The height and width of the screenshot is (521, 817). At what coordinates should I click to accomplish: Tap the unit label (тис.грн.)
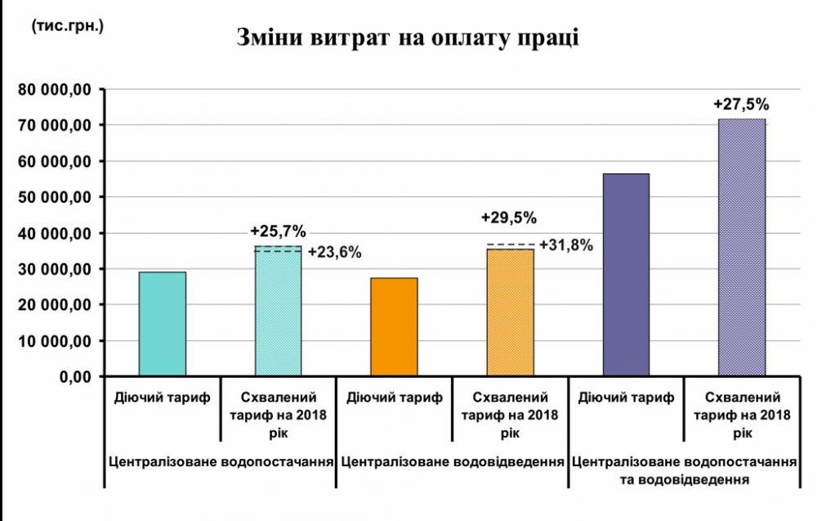point(68,25)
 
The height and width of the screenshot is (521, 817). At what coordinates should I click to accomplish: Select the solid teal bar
point(163,324)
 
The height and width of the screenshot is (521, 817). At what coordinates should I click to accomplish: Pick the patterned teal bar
point(278,312)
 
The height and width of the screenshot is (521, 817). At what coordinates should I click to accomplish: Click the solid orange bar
point(394,327)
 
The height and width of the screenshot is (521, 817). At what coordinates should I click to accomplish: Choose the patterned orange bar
point(510,313)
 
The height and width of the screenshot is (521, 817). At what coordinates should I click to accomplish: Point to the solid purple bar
point(626,275)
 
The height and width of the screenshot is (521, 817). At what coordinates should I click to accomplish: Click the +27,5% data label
point(741,105)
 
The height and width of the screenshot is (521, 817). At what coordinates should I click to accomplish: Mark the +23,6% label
point(334,252)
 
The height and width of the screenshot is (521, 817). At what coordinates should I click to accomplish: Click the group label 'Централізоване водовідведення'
point(453,460)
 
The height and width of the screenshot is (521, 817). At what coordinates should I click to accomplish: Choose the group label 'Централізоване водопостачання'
point(221,460)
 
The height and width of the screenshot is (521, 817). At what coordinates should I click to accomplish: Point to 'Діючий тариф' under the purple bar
point(626,398)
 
